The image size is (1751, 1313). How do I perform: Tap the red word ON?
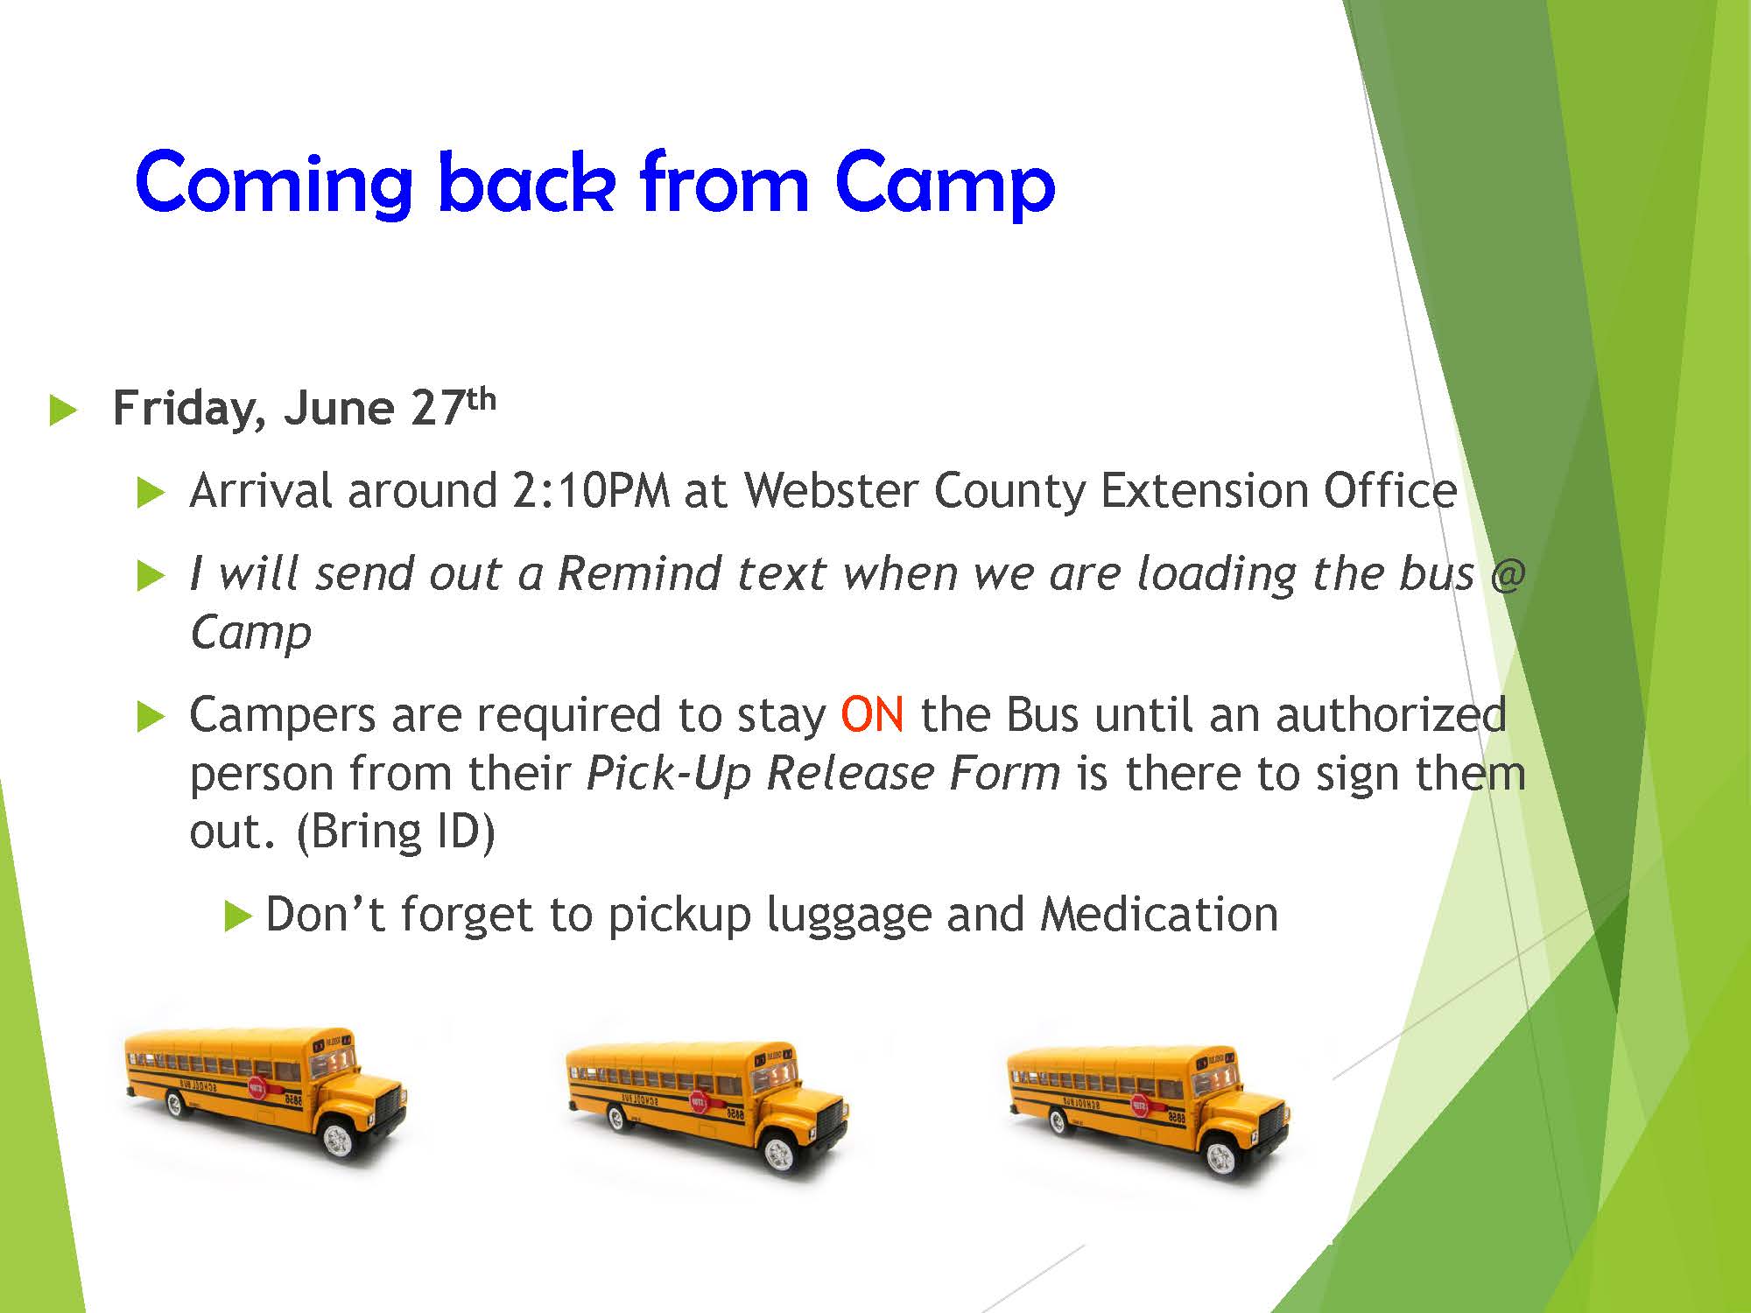[872, 714]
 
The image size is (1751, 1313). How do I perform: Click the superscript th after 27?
[481, 399]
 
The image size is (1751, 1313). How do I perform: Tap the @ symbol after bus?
[1508, 574]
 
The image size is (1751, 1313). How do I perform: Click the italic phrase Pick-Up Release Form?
[823, 774]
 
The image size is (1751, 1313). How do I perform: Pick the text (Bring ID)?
[396, 832]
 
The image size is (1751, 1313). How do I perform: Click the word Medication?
[1159, 915]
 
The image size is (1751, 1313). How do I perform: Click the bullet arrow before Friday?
[64, 411]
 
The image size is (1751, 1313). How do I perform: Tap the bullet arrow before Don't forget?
[238, 916]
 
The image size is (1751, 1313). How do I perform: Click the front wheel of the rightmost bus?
[1220, 1158]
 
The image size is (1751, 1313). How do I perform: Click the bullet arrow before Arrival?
[151, 493]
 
